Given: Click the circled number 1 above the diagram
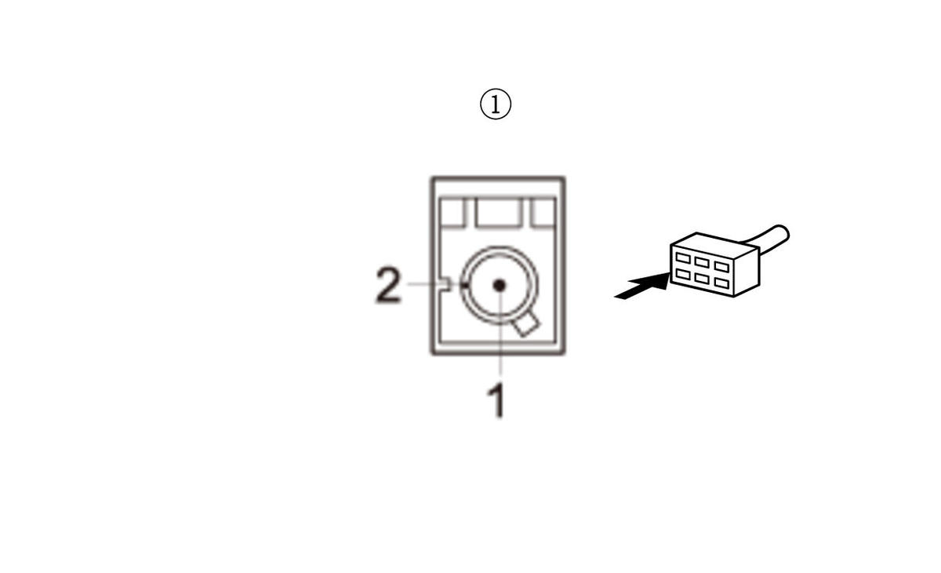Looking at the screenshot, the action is [496, 104].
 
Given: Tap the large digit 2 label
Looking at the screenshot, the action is [389, 285].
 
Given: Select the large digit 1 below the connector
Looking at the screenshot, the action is [497, 400].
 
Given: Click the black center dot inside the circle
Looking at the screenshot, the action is [499, 286].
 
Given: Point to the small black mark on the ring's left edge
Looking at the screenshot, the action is [464, 285].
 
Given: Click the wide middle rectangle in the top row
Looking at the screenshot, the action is [498, 212].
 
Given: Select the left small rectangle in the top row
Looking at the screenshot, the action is [452, 212].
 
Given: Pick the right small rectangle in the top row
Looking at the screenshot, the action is [543, 212].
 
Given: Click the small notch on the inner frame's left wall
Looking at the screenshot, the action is [445, 284].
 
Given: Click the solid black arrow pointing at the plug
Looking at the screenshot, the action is [642, 286].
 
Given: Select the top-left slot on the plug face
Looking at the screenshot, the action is [683, 257].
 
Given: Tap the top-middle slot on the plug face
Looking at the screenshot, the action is [702, 262].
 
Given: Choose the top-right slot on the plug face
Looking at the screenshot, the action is [721, 267].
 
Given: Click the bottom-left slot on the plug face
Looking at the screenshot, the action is [683, 275].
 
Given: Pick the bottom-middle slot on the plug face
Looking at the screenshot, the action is [702, 279].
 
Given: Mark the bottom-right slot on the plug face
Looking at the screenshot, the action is [721, 283].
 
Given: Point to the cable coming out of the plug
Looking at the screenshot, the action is [768, 239].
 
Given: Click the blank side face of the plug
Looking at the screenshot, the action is [747, 272].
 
